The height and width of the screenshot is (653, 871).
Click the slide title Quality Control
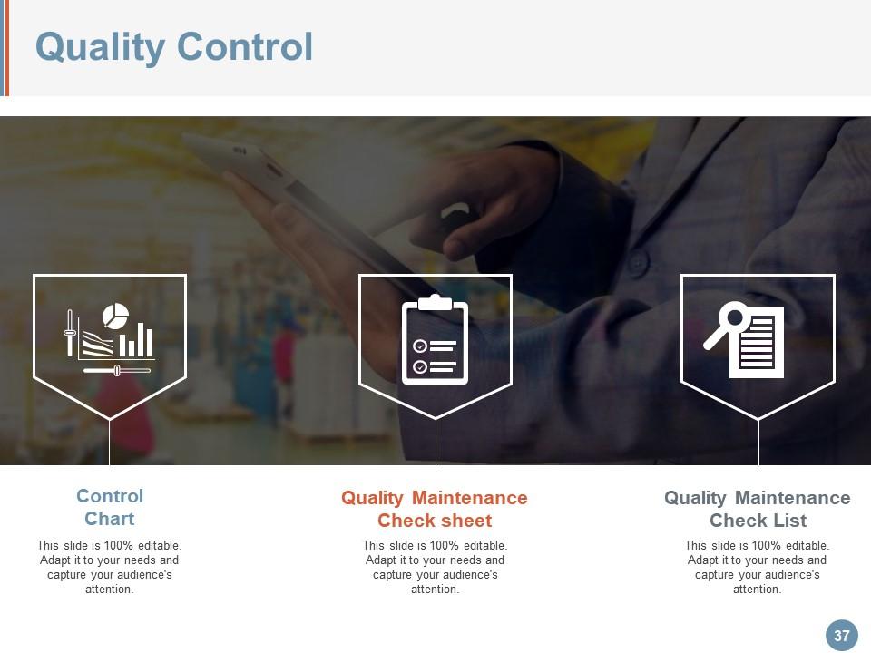coord(174,46)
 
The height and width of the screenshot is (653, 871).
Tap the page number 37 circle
coord(841,636)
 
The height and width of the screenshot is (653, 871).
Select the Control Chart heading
coord(110,507)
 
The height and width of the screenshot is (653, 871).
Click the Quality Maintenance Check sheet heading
coord(434,509)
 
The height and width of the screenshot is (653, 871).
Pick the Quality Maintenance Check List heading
coord(757,509)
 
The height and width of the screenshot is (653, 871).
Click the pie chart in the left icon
coord(115,316)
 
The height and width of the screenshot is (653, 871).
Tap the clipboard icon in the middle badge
coord(435,340)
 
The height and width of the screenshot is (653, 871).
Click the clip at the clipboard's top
coord(435,303)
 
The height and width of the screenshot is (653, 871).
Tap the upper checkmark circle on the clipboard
coord(420,346)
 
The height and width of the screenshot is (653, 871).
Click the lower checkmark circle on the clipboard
coord(420,366)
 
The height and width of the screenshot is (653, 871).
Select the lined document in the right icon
coord(758,343)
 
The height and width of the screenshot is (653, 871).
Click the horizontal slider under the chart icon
coord(116,370)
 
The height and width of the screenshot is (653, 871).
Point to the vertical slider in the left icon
coord(70,333)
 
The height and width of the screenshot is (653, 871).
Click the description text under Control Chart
coord(110,567)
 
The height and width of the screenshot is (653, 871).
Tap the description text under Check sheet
coord(435,567)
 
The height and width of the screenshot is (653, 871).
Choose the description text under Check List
coord(757,567)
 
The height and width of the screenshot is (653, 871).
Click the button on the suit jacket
coord(638,264)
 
